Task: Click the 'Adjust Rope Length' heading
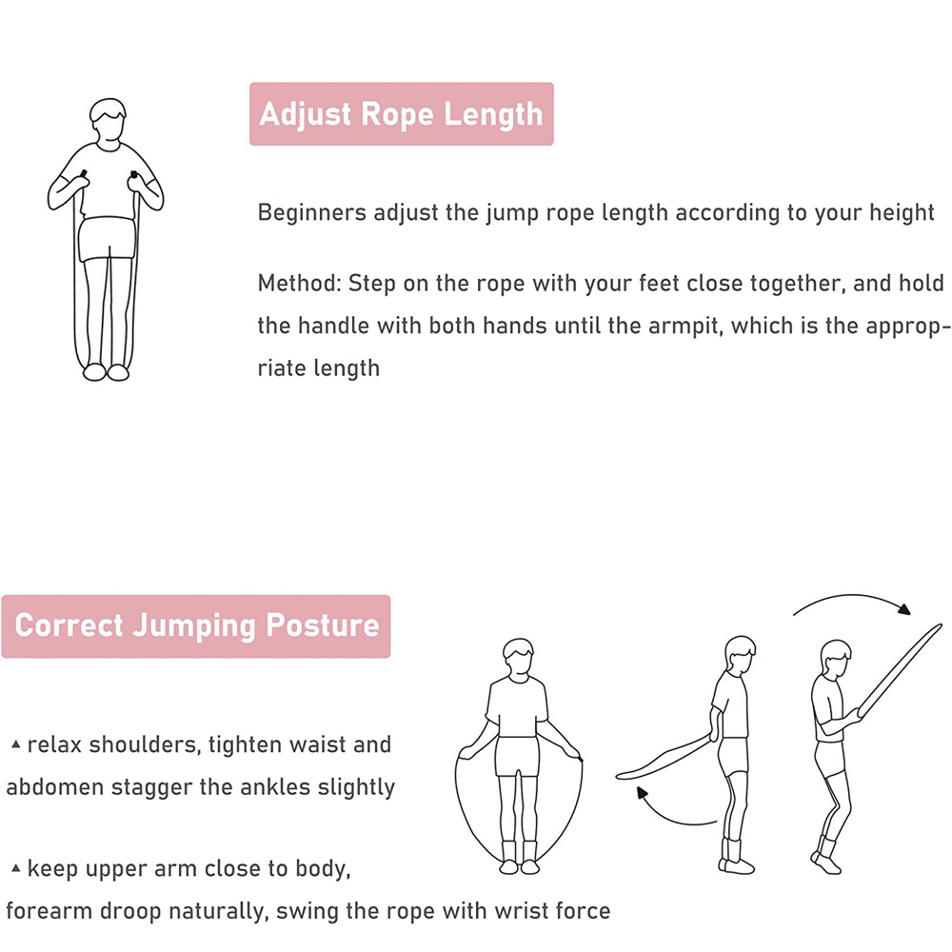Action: click(402, 114)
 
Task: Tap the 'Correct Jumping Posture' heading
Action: click(197, 626)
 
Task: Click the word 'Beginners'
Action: click(312, 213)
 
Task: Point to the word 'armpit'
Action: click(685, 327)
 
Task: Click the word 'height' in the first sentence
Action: click(902, 213)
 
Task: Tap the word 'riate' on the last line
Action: click(282, 367)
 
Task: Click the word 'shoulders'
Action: click(145, 745)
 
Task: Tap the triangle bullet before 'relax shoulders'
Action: click(16, 744)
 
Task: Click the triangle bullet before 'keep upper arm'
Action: click(16, 868)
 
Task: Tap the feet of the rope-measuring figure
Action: click(106, 371)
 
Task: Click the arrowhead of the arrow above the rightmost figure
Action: click(904, 609)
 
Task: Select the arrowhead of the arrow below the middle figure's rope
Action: click(641, 794)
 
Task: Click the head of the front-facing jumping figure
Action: click(519, 659)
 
